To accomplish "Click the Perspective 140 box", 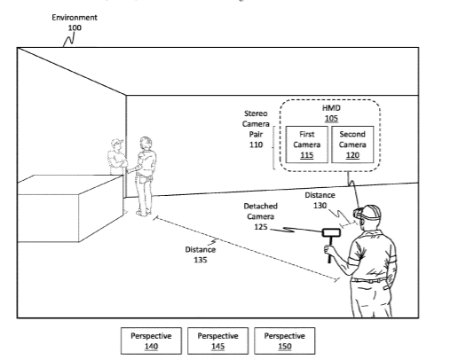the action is click(x=151, y=340).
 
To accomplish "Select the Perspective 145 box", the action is click(x=217, y=340).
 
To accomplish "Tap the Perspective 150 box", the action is click(x=284, y=340).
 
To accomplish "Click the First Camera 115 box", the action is click(x=307, y=145).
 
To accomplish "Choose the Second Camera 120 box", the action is click(x=352, y=145).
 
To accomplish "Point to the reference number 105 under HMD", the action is click(x=331, y=119).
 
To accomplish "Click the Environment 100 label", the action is click(x=75, y=22).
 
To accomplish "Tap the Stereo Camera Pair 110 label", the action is click(x=256, y=129).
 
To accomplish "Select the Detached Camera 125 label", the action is click(x=260, y=216).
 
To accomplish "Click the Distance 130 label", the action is click(x=320, y=200).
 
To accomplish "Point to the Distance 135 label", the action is click(x=201, y=254).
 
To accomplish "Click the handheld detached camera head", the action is click(x=331, y=232).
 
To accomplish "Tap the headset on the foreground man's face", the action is click(x=358, y=213).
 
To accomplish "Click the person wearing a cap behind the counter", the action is click(x=117, y=157).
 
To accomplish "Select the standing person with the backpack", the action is click(x=145, y=176).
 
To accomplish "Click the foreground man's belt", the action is click(x=369, y=280).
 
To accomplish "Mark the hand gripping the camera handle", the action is click(x=329, y=249).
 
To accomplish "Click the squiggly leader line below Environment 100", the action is click(x=68, y=40).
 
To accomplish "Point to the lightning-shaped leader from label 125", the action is click(x=296, y=230).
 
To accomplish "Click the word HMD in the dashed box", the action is click(x=331, y=108).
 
